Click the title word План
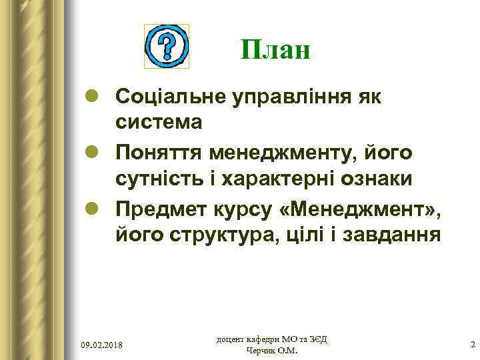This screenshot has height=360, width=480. [x=275, y=50]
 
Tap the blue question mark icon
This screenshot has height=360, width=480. [x=167, y=47]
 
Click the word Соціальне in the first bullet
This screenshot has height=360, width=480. [x=171, y=97]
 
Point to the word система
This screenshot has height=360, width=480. [x=158, y=122]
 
